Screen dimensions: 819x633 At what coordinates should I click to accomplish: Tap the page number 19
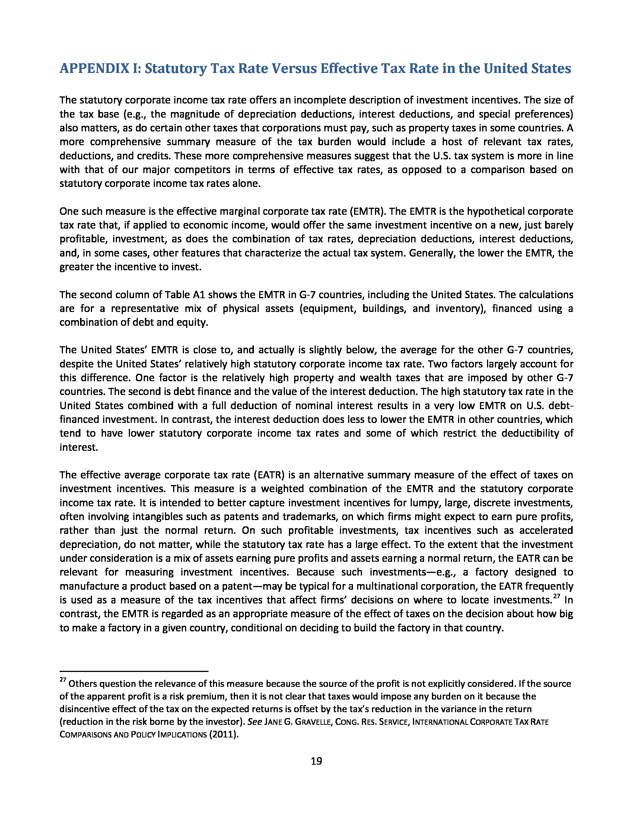pos(316,761)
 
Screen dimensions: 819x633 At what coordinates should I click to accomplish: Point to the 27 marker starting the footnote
pos(63,680)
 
